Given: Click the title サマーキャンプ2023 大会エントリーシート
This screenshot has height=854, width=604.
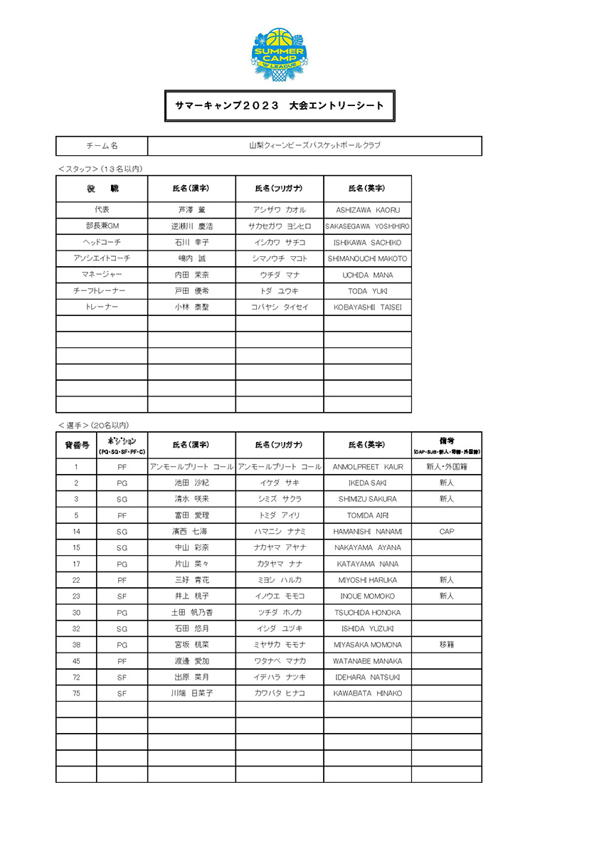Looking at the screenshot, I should (x=280, y=106).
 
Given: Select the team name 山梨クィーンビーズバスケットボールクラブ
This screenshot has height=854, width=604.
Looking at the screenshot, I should (x=314, y=146).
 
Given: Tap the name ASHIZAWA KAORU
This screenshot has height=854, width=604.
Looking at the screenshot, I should (x=368, y=210).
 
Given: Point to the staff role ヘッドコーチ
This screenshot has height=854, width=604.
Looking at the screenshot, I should (x=102, y=243).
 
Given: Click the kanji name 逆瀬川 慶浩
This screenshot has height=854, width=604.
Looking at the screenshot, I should (x=191, y=226).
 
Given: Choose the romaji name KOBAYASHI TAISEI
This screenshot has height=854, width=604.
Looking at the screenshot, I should (x=368, y=307).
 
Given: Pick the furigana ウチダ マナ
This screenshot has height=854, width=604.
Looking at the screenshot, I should (x=280, y=275).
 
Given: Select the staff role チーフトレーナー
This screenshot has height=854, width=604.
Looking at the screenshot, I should (x=102, y=291).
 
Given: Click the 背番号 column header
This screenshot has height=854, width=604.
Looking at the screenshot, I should (x=76, y=445).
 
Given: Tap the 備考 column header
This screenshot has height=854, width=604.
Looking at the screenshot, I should (x=447, y=445).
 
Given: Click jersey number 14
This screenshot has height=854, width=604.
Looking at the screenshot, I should (x=76, y=532).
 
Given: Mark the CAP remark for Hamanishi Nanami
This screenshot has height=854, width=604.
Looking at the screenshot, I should (x=447, y=532).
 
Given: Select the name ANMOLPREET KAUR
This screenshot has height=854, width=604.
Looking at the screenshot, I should (x=368, y=467).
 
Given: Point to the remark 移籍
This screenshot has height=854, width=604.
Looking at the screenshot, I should (x=447, y=645).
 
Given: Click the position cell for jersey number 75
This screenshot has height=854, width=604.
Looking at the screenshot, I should (x=122, y=693).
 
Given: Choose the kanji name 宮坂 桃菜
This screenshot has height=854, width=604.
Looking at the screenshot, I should (x=191, y=645).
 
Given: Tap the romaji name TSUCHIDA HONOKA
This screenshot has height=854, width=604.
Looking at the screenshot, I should (x=368, y=613).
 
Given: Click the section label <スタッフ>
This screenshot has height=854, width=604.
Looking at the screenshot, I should (x=78, y=169).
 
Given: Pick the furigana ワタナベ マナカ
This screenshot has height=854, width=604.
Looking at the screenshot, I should (x=280, y=661).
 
